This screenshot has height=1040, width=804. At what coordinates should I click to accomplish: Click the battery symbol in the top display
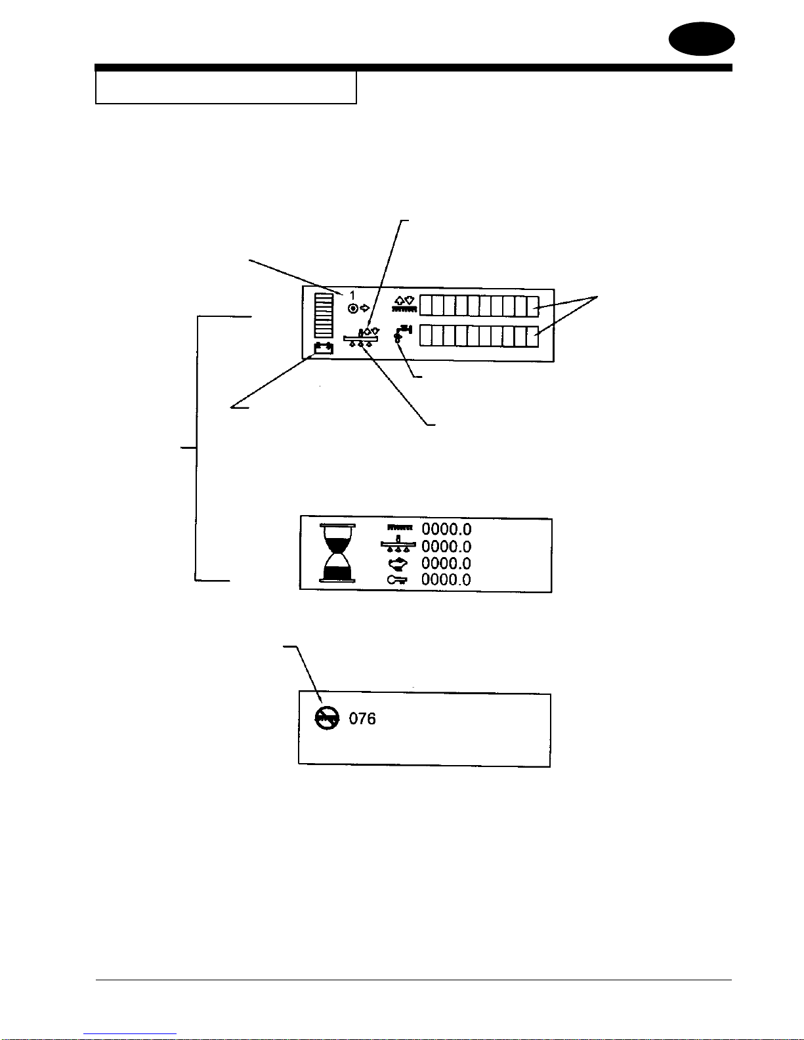pos(324,348)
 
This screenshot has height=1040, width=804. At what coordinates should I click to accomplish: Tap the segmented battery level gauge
pos(324,315)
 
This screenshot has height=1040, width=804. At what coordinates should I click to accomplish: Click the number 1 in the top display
pos(352,296)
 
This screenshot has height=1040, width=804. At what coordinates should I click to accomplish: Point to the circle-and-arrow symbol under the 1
pos(358,308)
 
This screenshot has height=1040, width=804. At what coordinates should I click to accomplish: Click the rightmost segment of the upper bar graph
pos(532,306)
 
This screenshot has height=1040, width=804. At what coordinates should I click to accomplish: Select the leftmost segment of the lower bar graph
pos(425,336)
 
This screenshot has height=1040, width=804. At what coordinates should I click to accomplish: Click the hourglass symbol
pos(338,553)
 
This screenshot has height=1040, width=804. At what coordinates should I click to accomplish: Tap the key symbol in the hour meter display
pos(397,579)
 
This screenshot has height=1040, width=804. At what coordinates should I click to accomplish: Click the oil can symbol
pos(398,563)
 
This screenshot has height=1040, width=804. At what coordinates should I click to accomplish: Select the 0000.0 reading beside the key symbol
pos(446,579)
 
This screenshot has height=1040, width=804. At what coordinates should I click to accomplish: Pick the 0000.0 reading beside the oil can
pos(446,563)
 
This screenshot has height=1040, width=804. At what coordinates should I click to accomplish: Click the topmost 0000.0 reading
pos(446,529)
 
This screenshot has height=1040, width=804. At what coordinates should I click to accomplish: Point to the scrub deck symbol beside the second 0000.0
pos(398,546)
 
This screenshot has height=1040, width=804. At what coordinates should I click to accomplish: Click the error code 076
pos(362,719)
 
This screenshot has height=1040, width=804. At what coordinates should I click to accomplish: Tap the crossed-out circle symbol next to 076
pos(327,718)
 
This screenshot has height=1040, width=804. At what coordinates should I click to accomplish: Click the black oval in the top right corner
pos(702,39)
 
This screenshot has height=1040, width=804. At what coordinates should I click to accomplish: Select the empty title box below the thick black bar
pos(226,88)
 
